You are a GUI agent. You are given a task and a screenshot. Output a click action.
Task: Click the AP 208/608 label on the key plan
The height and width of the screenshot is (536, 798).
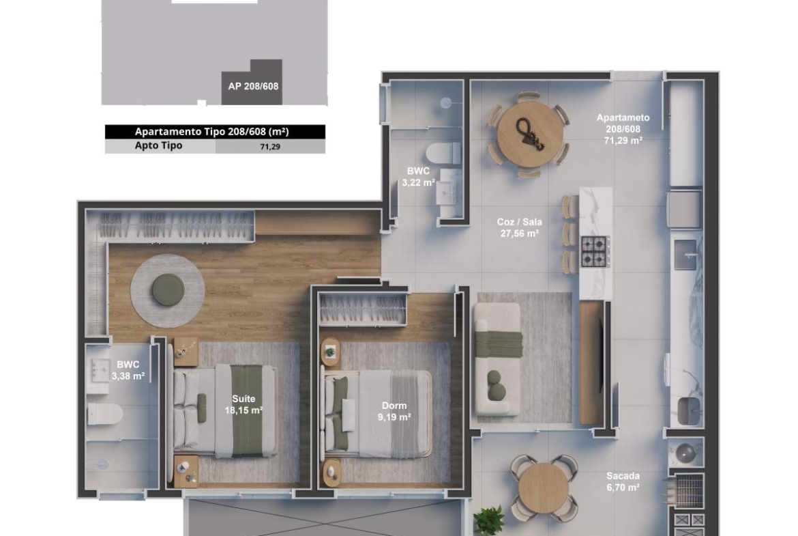(x=253, y=86)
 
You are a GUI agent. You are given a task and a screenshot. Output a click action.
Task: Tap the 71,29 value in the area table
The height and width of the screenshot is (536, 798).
(x=270, y=147)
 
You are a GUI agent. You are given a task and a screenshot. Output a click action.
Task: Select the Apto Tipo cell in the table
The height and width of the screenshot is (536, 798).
(x=158, y=145)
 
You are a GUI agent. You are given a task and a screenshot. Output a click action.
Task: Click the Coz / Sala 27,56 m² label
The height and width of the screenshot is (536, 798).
(x=519, y=228)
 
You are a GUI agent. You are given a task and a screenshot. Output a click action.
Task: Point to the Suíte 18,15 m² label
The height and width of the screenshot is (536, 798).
(x=243, y=404)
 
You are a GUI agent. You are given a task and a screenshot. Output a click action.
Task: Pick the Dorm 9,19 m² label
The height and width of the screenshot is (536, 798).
(x=394, y=411)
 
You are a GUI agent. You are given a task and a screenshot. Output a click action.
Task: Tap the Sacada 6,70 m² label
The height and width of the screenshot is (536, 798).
(x=623, y=481)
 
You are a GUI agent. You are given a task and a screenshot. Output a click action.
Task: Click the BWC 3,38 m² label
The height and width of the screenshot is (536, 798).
(x=128, y=370)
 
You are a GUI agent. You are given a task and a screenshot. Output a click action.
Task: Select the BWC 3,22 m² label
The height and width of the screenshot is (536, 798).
(x=418, y=176)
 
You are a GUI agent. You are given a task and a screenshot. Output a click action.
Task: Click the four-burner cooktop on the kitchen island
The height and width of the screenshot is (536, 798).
(x=595, y=251)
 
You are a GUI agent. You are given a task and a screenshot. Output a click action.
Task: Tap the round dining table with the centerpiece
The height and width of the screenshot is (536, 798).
(x=530, y=134)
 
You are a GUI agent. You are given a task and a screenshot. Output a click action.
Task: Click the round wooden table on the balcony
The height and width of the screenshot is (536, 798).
(x=544, y=489)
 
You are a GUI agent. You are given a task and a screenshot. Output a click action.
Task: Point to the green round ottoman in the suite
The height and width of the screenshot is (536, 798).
(x=167, y=290)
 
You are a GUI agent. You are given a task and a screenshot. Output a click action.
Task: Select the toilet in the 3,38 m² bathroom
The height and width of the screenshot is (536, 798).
(x=105, y=414)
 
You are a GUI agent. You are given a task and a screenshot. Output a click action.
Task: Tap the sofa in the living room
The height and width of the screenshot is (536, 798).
(x=499, y=359)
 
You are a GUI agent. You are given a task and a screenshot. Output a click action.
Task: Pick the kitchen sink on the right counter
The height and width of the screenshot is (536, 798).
(x=685, y=254)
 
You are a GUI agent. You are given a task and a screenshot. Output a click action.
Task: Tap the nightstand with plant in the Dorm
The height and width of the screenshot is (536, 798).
(x=330, y=352)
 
